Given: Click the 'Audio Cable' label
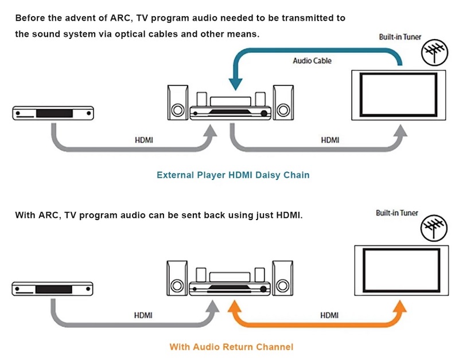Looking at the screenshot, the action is (312, 61).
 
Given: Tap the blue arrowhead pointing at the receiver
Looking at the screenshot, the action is (235, 84).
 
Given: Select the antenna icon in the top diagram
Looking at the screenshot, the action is (434, 53).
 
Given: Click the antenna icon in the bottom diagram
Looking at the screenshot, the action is (434, 228).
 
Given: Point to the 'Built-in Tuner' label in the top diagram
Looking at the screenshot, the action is (400, 37).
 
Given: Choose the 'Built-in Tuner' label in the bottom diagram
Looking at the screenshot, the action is (396, 213).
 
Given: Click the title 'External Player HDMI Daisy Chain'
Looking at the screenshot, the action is (233, 175).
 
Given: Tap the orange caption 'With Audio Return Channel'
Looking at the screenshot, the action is (231, 347).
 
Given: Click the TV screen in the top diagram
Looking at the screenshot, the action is (398, 95).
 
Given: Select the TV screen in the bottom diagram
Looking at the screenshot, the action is (401, 271).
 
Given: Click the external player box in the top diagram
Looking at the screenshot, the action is (53, 113).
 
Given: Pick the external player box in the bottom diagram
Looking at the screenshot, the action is (52, 289).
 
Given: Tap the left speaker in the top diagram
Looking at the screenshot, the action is (178, 103).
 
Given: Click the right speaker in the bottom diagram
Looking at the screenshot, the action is (282, 278).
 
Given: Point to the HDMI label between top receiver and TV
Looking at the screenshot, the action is (330, 140).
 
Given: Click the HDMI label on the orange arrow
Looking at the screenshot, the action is (329, 315).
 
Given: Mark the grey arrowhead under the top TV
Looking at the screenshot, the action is (400, 131).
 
